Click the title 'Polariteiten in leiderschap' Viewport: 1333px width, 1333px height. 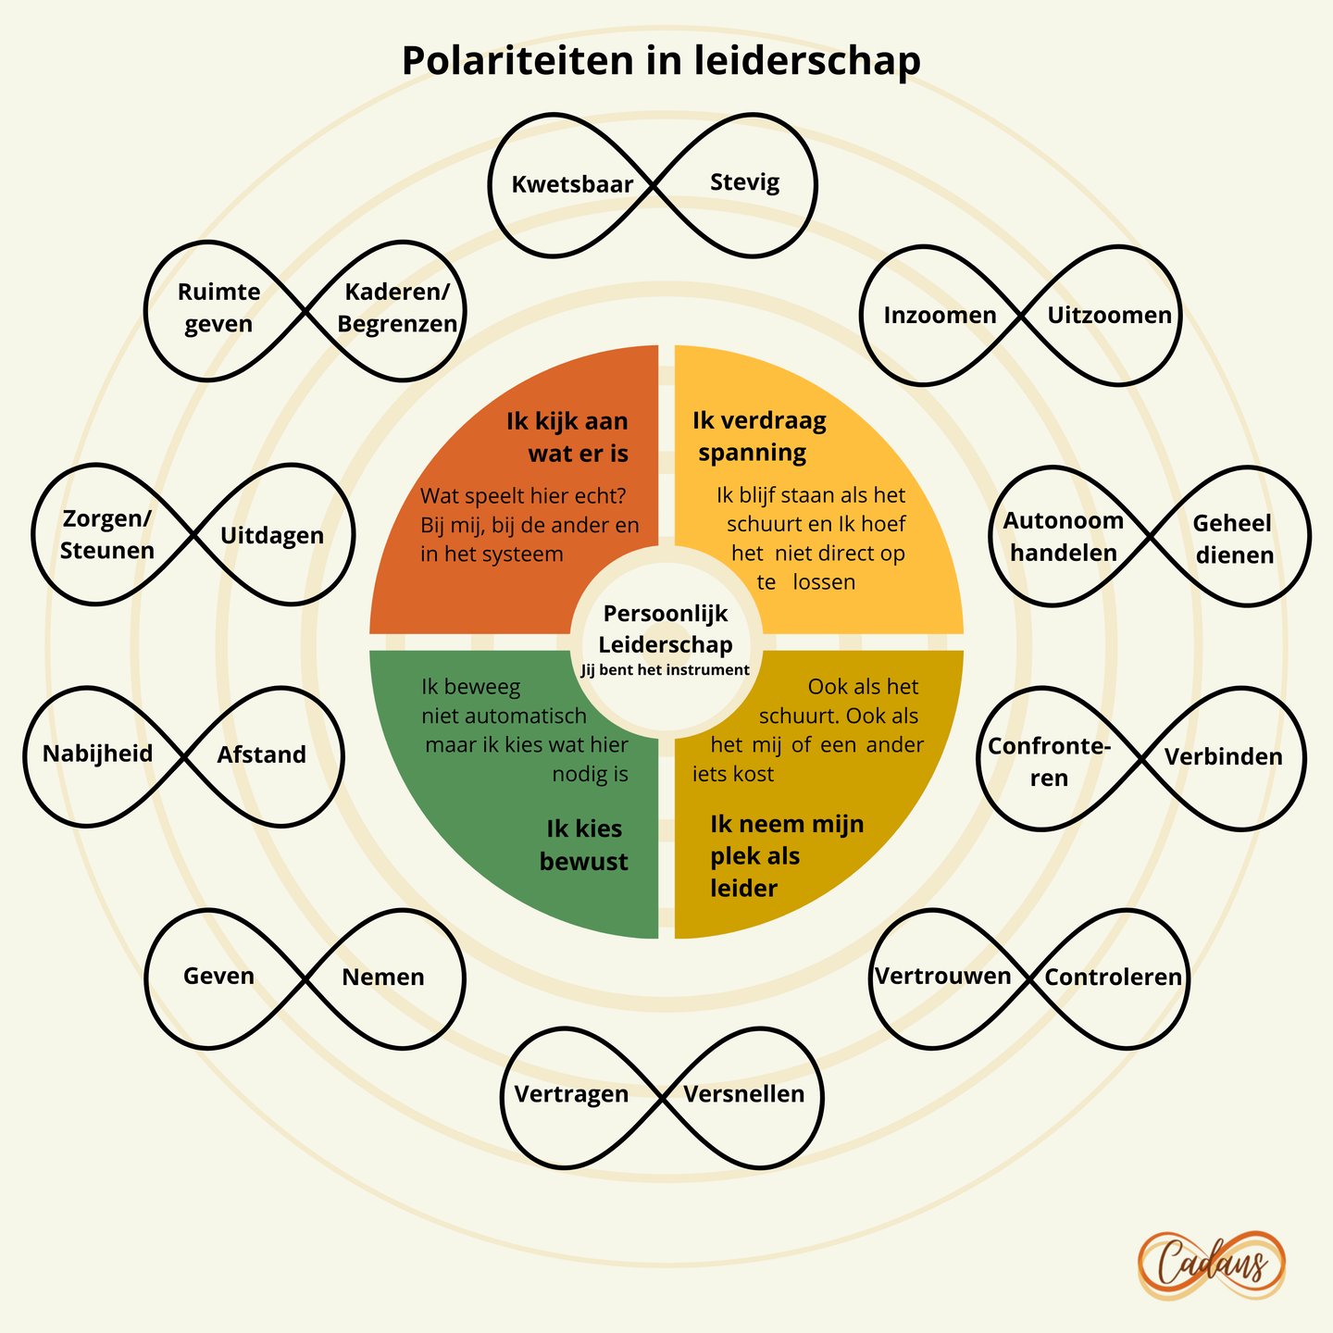(x=661, y=61)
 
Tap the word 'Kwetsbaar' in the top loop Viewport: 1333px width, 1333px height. (x=572, y=185)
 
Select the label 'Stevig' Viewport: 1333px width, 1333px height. (x=744, y=183)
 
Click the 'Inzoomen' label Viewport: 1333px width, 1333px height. (x=940, y=316)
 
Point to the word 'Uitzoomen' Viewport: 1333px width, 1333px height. (x=1109, y=316)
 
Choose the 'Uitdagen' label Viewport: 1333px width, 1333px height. (x=272, y=536)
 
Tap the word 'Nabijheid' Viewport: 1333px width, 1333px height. (x=97, y=754)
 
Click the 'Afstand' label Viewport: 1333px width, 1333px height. (x=261, y=754)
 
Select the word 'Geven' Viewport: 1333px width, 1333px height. (x=218, y=976)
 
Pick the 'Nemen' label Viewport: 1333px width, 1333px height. (x=383, y=977)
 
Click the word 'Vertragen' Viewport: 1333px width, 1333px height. (x=571, y=1094)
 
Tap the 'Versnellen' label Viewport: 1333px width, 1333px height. (x=744, y=1093)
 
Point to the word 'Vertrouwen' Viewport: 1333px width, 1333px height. (x=943, y=976)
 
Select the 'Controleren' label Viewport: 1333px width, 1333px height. (x=1113, y=977)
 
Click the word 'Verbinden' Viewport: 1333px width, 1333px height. (x=1223, y=757)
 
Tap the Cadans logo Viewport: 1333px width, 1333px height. (x=1211, y=1265)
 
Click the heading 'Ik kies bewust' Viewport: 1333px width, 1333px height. (x=584, y=844)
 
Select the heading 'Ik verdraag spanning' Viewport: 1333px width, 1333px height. (x=760, y=437)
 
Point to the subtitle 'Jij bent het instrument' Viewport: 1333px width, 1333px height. (x=665, y=669)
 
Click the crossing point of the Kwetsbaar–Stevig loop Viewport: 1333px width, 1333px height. (x=653, y=185)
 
